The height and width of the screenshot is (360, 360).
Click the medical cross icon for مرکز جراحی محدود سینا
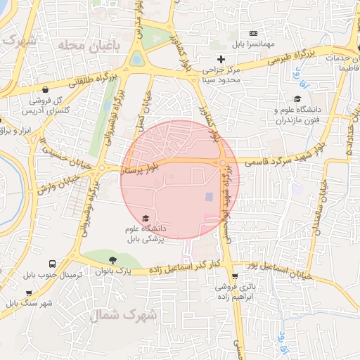tap(221, 59)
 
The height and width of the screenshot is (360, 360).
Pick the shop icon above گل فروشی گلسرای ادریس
tap(46, 90)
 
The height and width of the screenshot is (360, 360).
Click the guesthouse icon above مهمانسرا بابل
tap(254, 33)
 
